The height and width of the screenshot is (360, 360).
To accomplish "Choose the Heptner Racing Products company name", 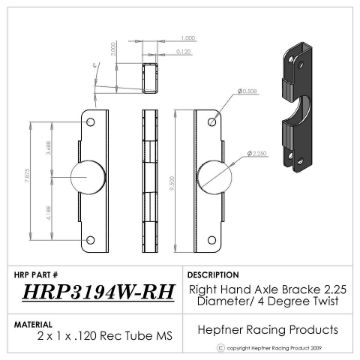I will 267,327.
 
